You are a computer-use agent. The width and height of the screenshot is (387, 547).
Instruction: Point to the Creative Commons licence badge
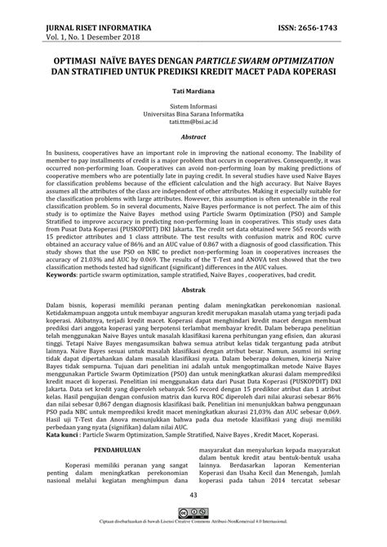194,516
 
